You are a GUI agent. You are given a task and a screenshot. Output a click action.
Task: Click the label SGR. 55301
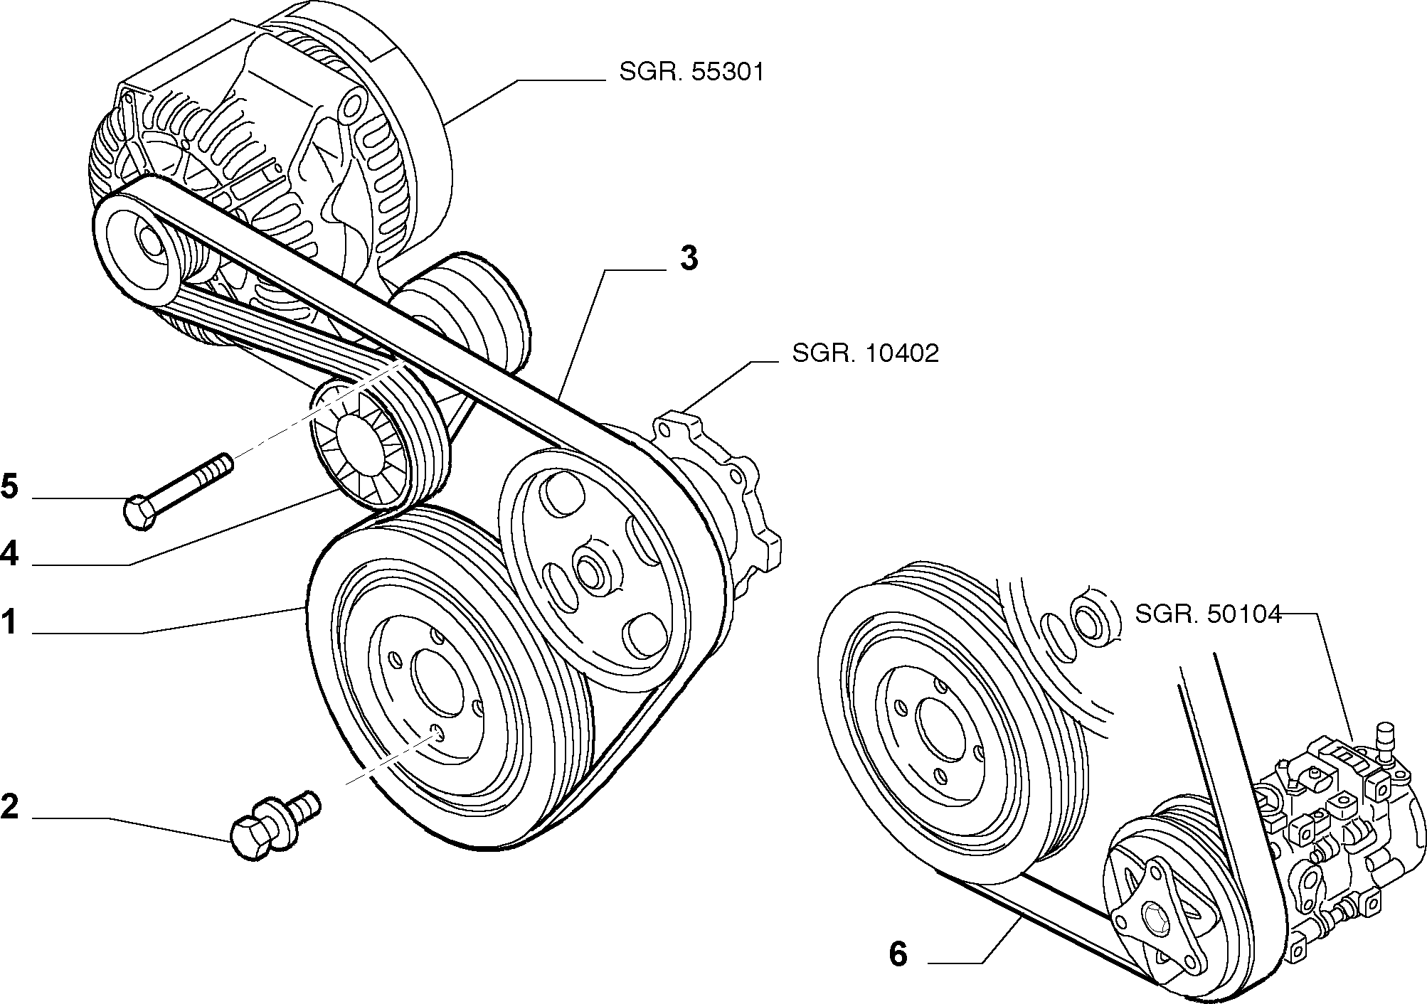[691, 73]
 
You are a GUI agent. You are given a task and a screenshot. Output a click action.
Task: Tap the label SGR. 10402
[866, 353]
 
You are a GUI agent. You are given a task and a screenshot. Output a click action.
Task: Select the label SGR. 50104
[1208, 614]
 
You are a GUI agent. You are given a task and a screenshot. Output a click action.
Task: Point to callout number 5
[10, 488]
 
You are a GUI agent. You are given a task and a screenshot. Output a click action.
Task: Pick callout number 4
[9, 553]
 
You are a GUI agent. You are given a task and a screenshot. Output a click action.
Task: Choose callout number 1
[9, 622]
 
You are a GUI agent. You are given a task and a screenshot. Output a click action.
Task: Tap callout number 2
[10, 807]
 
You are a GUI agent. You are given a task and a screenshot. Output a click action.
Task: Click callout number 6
[898, 954]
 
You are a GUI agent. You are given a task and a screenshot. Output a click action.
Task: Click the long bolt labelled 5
[179, 491]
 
